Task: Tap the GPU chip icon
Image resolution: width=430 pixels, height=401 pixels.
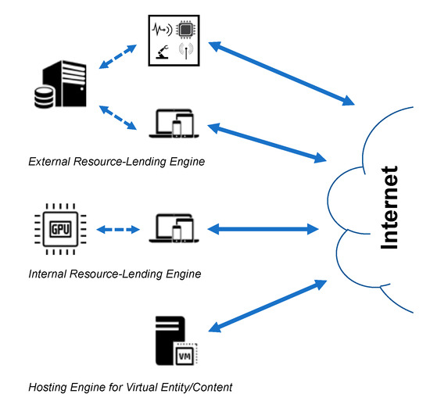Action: point(59,230)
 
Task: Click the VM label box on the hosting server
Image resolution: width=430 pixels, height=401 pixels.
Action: point(185,354)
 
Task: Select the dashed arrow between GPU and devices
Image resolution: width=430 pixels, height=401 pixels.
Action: point(116,230)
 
